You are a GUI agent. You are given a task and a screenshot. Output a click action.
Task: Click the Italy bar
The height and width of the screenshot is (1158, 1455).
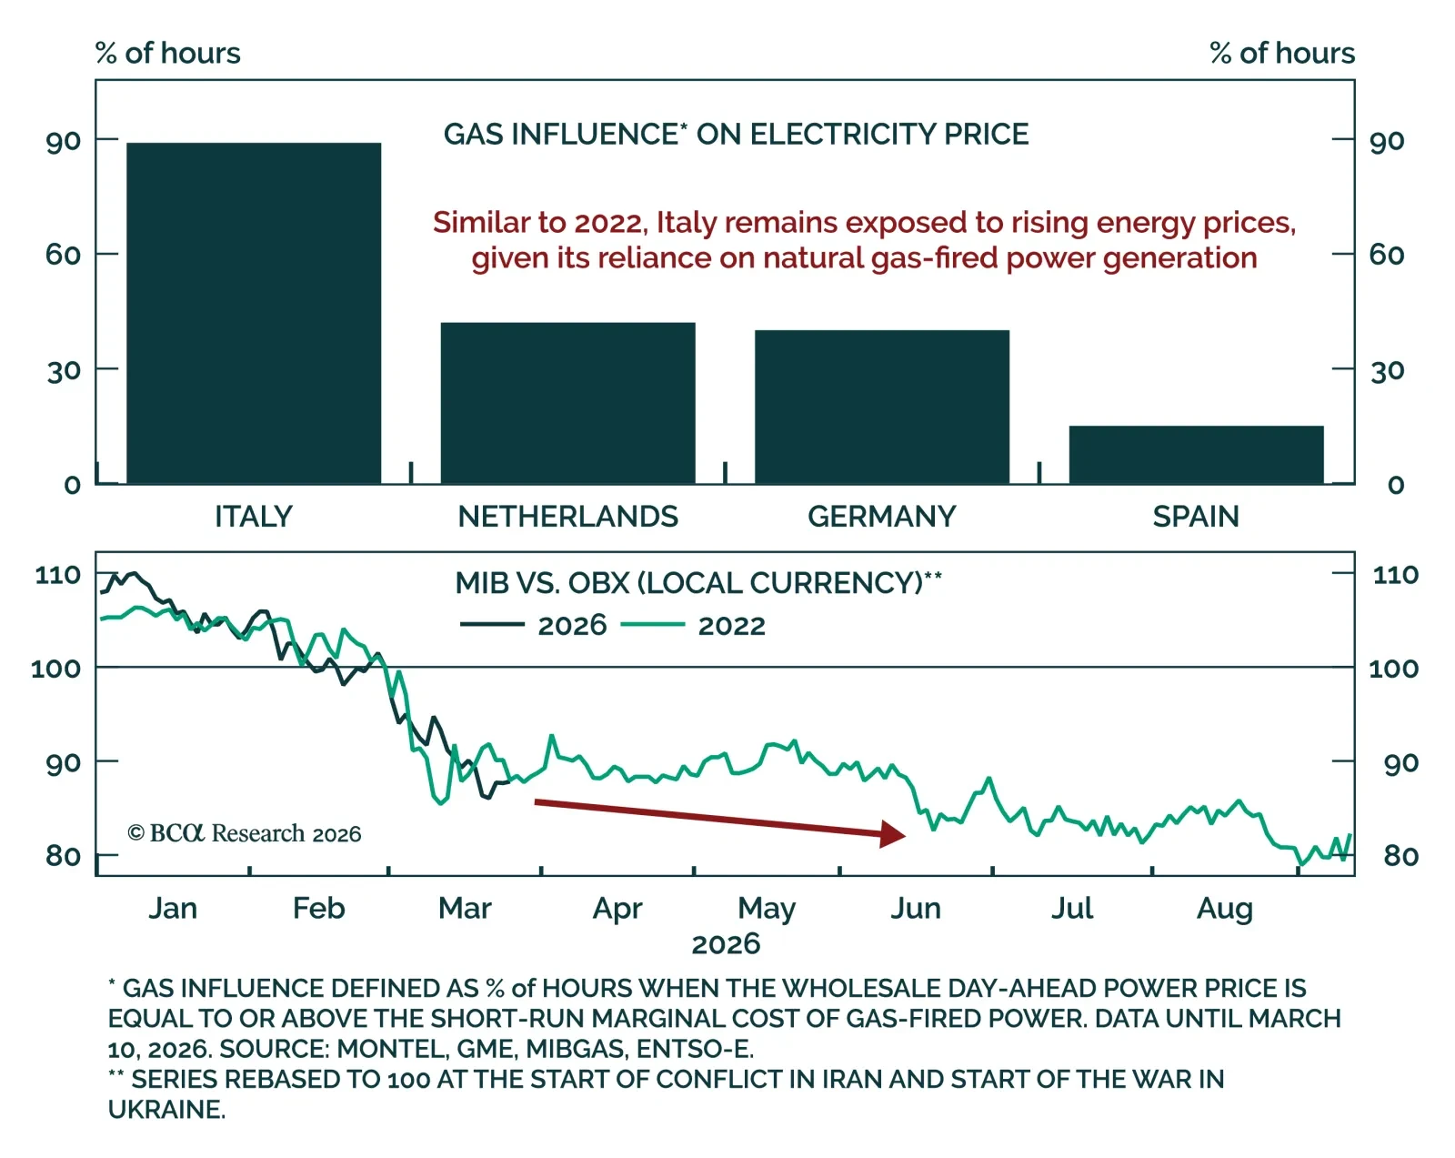[254, 313]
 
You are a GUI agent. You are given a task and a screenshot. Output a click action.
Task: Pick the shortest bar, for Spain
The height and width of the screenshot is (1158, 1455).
[1196, 454]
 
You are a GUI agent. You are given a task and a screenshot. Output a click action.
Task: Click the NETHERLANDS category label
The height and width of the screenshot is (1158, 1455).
[567, 517]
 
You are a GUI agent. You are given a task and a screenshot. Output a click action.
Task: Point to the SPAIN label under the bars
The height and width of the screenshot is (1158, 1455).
[1196, 517]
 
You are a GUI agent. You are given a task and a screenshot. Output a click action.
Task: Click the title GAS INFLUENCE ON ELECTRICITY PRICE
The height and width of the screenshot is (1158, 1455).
[736, 135]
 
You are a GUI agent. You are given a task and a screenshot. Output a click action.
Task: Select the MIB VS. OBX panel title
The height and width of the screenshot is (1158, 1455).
[697, 583]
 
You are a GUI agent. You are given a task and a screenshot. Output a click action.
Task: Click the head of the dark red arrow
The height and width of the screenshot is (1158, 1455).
[896, 833]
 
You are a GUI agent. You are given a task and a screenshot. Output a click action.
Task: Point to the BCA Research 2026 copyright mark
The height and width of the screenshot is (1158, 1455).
[245, 833]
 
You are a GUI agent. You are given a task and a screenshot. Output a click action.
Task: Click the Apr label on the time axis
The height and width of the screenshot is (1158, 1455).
[617, 908]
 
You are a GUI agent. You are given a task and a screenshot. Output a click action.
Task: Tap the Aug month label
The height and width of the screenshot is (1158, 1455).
[1224, 908]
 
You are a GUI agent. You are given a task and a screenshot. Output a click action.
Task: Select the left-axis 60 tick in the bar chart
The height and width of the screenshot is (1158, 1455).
[63, 254]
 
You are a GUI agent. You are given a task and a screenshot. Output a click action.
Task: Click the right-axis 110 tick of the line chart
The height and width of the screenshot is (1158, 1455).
[1395, 575]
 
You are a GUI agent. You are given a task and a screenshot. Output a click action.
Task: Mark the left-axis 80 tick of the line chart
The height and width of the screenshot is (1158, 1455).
[63, 856]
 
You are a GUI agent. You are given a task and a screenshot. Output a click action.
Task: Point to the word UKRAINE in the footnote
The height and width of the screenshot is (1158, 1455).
[166, 1110]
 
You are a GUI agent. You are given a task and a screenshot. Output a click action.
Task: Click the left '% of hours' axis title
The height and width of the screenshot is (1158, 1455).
[168, 54]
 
